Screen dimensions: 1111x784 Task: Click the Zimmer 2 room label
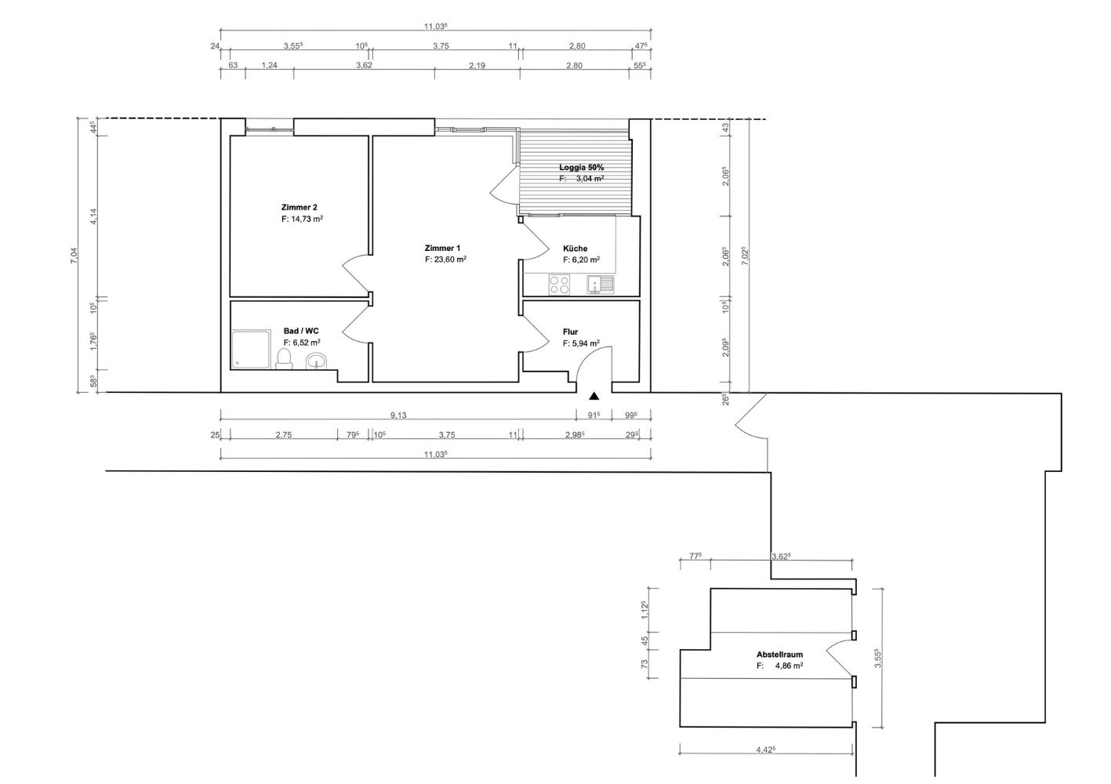click(299, 207)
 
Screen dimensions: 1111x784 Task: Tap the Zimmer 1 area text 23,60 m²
click(449, 260)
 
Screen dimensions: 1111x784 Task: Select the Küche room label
click(575, 249)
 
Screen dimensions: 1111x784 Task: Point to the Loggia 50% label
click(581, 168)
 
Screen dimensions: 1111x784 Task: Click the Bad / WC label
click(301, 331)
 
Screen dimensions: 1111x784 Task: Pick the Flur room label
click(570, 332)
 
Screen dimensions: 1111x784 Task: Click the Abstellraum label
click(779, 655)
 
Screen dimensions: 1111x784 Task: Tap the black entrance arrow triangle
click(594, 396)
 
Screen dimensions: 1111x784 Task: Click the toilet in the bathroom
click(284, 359)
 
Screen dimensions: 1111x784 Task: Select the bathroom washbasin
click(317, 361)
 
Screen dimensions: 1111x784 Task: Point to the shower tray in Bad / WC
click(251, 350)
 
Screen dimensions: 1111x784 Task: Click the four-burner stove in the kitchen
click(560, 285)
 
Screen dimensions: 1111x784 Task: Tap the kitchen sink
click(600, 285)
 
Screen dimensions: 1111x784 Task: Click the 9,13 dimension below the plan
click(398, 415)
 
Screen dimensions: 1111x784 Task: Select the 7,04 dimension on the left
click(74, 256)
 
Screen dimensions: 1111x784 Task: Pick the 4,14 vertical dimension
click(94, 216)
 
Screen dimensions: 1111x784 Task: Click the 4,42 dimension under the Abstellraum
click(765, 750)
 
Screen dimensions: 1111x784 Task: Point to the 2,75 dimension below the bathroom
click(284, 435)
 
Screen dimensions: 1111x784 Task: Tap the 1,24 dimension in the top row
click(269, 65)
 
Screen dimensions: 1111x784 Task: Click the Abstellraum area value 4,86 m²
click(789, 666)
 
